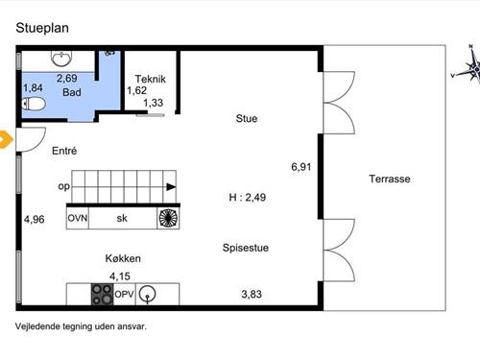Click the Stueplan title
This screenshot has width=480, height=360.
pos(42,28)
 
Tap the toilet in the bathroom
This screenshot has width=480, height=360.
pos(34,104)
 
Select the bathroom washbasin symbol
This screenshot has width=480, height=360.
pos(61,59)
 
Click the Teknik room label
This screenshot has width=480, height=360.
pos(150,79)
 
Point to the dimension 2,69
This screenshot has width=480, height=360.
pos(67,78)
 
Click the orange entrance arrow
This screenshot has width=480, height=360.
pos(7,139)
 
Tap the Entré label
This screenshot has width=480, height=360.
pos(64,151)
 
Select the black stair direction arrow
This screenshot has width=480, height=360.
pos(171,187)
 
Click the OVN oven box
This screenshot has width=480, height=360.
pos(78,218)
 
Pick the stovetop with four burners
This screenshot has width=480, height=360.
pos(103,294)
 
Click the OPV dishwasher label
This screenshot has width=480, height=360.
pos(124,294)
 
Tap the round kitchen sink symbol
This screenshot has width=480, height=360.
pos(148,294)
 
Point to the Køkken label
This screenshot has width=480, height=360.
pos(123,258)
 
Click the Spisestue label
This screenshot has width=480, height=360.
pos(246,248)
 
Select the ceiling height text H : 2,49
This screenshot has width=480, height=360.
pos(248,197)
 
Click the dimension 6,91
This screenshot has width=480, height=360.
pos(301,167)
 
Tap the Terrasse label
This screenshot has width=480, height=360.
pos(390,179)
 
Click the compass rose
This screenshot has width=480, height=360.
pos(469,66)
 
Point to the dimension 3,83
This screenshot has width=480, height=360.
pos(252,294)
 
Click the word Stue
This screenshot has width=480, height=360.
pos(247,118)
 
